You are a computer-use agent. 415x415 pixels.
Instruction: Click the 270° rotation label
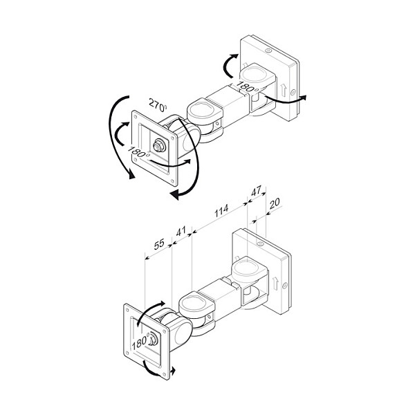click(158, 104)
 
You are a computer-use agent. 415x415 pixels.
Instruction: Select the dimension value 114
click(221, 211)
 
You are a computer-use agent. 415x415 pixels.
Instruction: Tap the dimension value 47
click(256, 191)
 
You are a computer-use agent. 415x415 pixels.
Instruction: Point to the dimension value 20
click(275, 203)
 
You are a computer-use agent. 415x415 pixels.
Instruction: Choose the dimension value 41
click(181, 231)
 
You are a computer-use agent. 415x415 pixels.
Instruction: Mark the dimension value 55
click(159, 244)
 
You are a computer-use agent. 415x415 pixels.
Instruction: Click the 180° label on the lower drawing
click(141, 342)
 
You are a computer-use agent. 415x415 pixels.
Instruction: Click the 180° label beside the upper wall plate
click(246, 86)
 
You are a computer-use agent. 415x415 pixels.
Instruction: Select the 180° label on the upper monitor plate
click(138, 151)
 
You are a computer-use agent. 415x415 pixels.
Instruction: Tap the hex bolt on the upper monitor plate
click(159, 146)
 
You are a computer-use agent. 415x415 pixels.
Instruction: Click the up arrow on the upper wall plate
click(284, 90)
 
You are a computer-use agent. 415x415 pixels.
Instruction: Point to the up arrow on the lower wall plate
click(275, 283)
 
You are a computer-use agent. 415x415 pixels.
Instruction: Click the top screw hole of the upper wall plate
click(268, 50)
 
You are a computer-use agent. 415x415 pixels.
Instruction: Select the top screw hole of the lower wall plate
click(260, 243)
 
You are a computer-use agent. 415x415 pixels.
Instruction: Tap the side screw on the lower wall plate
click(285, 285)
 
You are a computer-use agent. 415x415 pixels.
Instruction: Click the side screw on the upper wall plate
click(293, 93)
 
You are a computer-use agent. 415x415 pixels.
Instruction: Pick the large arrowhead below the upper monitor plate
click(174, 196)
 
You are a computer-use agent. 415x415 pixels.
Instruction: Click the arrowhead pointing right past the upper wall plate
click(304, 98)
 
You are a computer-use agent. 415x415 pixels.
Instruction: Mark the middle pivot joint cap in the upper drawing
click(203, 110)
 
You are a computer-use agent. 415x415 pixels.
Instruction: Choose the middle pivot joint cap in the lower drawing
click(194, 303)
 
